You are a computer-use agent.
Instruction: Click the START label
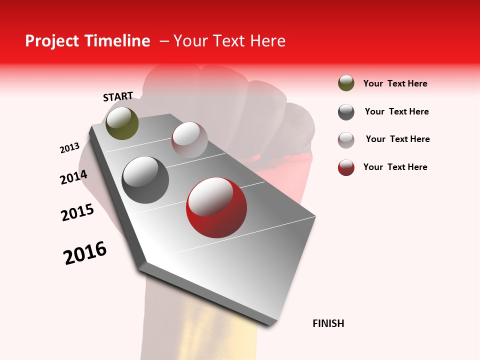tap(118, 97)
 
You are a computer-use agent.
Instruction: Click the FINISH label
tap(328, 323)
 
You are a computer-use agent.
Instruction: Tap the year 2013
tap(70, 148)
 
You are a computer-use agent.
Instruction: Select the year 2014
tap(74, 177)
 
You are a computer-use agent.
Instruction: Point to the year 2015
tap(77, 212)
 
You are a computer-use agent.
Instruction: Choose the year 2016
tap(85, 253)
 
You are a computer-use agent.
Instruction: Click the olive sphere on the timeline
tap(122, 123)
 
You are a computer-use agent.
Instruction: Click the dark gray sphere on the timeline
tap(145, 180)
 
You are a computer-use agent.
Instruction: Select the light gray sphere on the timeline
tap(189, 140)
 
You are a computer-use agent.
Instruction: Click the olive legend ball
tap(346, 83)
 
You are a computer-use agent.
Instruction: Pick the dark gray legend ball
tap(346, 112)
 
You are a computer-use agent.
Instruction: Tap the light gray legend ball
tap(346, 140)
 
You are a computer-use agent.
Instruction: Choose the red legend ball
tap(346, 167)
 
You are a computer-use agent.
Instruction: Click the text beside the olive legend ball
tap(395, 83)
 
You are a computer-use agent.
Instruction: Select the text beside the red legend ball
tap(395, 167)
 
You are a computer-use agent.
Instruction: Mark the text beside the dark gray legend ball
tap(396, 111)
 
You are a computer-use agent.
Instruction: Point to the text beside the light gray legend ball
tap(397, 139)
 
